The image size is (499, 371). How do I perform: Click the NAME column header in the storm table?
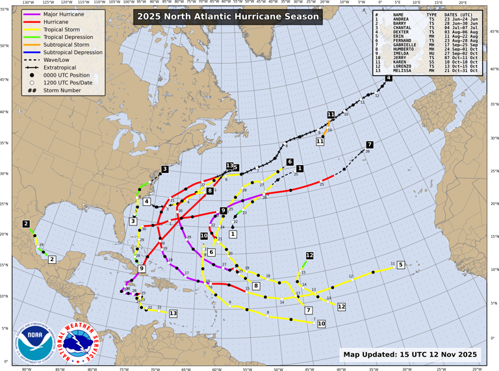coord(398,14)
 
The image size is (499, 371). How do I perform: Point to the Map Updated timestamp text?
coord(410,354)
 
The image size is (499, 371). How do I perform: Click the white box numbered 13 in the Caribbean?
coord(173,313)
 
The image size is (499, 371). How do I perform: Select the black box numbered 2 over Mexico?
coord(26,224)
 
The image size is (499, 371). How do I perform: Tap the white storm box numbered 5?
coord(401,264)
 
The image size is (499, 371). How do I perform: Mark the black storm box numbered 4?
coord(389,79)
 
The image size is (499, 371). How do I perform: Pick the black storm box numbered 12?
coord(310,255)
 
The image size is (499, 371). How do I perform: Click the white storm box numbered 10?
coord(321,323)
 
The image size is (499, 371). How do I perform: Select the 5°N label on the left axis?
coord(6,328)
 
